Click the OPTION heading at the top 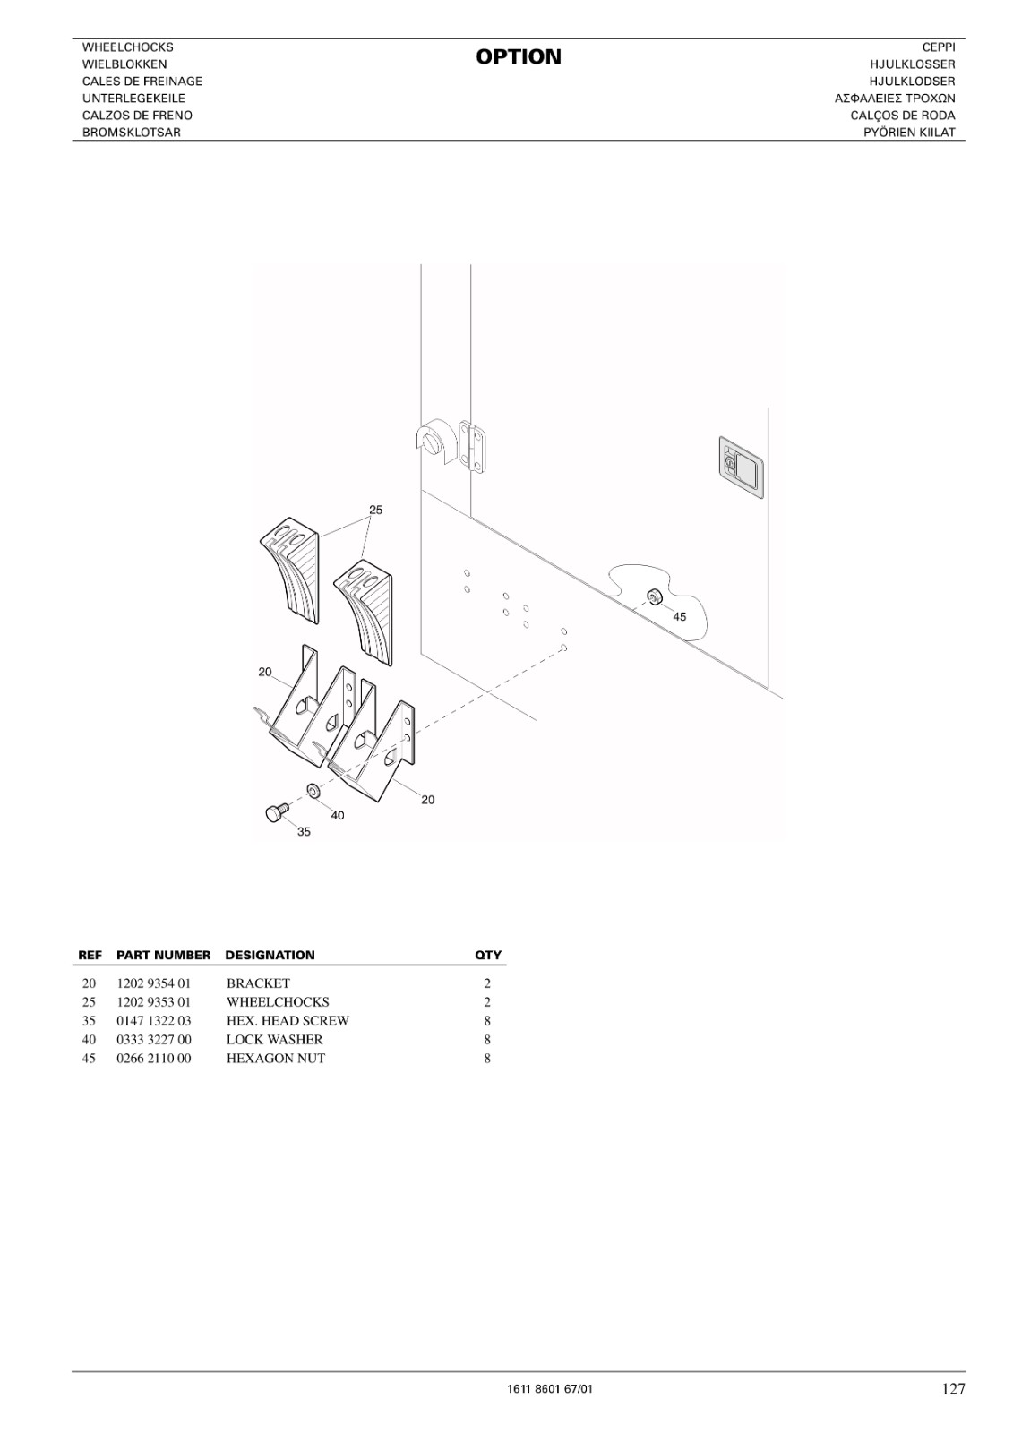pos(519,56)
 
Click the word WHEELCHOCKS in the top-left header pos(128,47)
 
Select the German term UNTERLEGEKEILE pos(133,99)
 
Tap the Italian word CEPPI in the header pos(939,47)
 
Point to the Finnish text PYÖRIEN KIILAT pos(909,133)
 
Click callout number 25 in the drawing pos(375,510)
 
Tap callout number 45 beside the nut pos(680,616)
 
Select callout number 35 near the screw pos(304,832)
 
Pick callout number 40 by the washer pos(338,815)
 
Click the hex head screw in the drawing pos(274,812)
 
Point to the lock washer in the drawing pos(314,791)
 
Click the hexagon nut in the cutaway pos(653,597)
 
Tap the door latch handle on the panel pos(741,467)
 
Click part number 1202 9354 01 pos(153,983)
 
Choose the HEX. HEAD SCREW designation pos(288,1020)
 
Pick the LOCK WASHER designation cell pos(275,1040)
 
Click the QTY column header pos(488,955)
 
